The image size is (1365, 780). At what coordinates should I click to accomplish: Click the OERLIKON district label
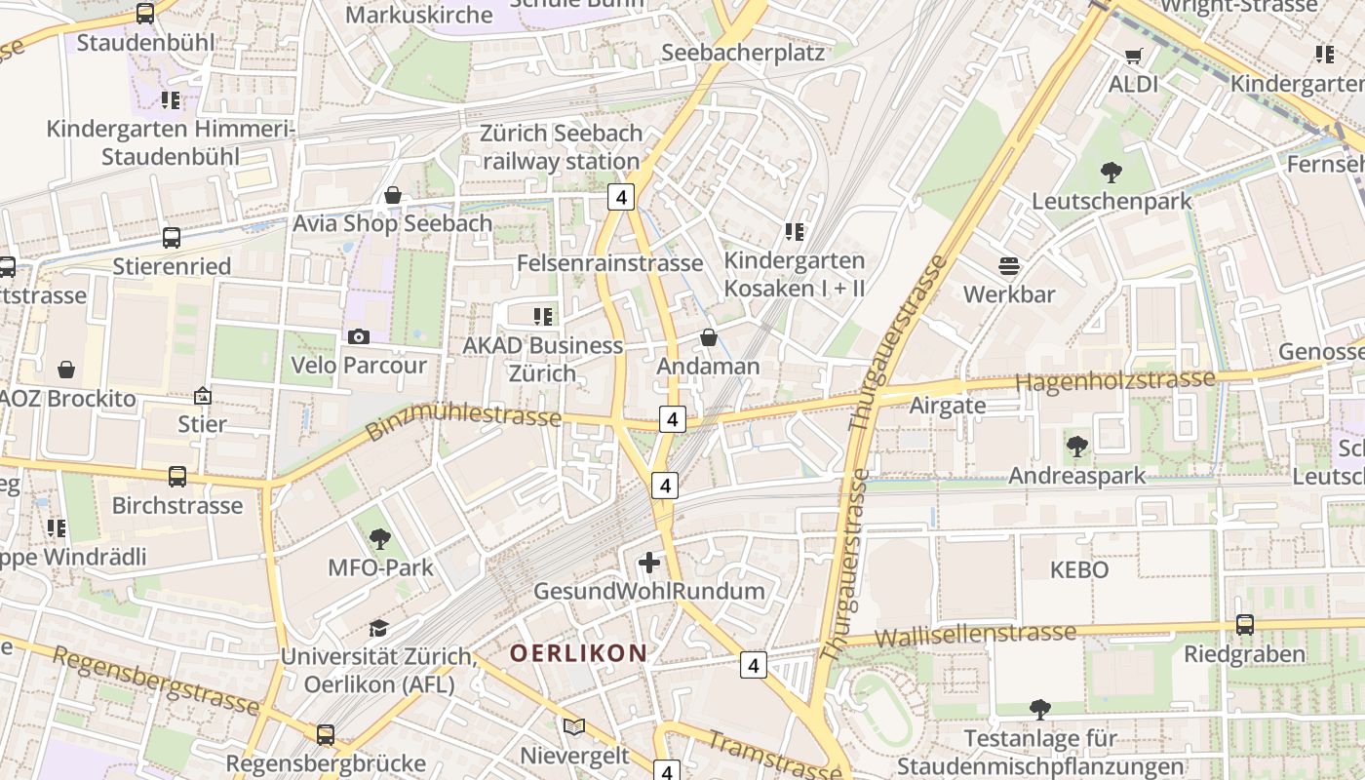tap(578, 653)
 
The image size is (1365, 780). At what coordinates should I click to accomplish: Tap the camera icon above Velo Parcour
tap(359, 337)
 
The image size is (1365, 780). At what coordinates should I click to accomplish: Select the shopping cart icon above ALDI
tap(1133, 57)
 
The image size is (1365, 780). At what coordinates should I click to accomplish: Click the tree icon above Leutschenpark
tap(1111, 174)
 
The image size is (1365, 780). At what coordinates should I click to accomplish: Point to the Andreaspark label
tap(1076, 476)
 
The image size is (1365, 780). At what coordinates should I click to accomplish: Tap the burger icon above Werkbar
tap(1009, 266)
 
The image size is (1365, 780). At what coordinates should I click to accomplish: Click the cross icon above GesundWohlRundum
tap(649, 563)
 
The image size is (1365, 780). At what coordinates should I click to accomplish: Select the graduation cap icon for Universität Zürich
tap(377, 629)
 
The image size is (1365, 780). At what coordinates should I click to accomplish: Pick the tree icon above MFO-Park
tap(380, 539)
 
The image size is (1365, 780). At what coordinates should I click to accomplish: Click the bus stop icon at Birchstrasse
tap(177, 477)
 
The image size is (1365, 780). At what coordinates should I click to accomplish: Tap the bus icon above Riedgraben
tap(1245, 625)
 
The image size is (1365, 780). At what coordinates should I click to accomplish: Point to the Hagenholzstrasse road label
tap(1115, 380)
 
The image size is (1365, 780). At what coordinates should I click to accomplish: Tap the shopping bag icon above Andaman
tap(709, 338)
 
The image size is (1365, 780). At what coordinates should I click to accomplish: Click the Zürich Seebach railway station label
tap(561, 147)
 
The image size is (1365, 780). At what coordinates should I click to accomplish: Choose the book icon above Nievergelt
tap(574, 727)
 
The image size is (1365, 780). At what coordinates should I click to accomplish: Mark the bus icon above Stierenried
tap(172, 238)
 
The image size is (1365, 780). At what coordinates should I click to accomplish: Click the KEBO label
tap(1079, 570)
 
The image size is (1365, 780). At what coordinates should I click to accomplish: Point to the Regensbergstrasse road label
tap(156, 681)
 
